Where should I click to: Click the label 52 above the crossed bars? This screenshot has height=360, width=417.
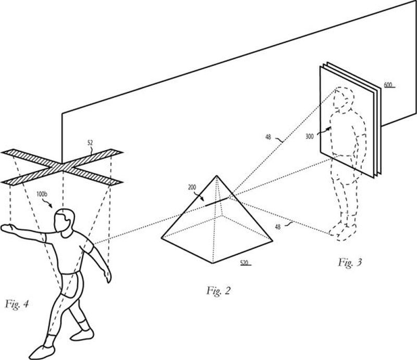[90, 143]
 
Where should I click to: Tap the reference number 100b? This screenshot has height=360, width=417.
[42, 194]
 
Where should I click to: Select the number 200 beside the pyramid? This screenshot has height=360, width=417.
[192, 187]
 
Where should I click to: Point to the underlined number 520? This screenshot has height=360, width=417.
[244, 263]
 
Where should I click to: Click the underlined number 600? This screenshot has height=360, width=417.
[388, 85]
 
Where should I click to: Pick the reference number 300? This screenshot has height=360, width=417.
[310, 136]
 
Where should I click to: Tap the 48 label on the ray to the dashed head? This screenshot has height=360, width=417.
[268, 137]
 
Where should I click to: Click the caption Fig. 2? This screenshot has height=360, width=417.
[218, 291]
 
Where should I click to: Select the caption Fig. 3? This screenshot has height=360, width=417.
[350, 263]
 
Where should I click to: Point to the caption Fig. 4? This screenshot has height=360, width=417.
[17, 304]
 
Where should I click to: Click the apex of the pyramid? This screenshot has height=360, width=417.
[217, 176]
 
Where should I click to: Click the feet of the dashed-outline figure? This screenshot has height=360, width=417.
[343, 231]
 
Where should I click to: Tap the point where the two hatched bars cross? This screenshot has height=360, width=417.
[62, 167]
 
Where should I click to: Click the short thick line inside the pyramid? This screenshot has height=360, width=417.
[216, 202]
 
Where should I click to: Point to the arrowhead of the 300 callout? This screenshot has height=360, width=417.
[329, 128]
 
